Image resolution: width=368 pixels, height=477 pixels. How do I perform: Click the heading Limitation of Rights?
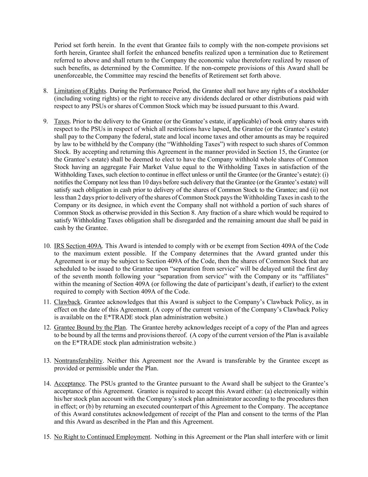(x=80, y=91)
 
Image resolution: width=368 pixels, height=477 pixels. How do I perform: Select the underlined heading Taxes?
(x=62, y=121)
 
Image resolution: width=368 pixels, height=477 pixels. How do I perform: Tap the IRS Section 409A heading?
(x=78, y=246)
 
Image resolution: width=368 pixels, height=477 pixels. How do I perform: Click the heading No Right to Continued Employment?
(x=102, y=437)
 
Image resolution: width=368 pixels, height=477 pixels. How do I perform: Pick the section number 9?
(x=46, y=121)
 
